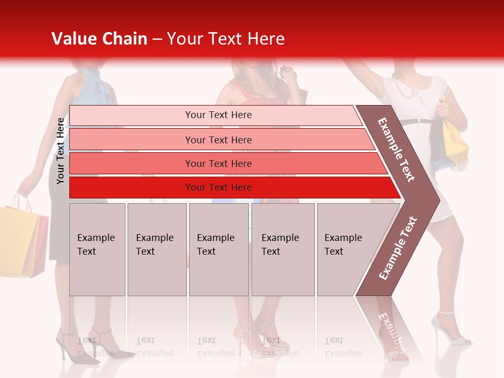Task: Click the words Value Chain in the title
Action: [99, 39]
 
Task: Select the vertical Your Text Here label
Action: [60, 151]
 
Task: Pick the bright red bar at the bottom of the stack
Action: [231, 187]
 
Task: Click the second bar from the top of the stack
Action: [220, 140]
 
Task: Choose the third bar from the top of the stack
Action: [226, 163]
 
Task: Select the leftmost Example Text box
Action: [97, 249]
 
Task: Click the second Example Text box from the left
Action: [156, 249]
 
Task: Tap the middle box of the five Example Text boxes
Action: [218, 249]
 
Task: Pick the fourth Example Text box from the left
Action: [282, 249]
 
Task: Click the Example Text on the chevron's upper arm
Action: [396, 150]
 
